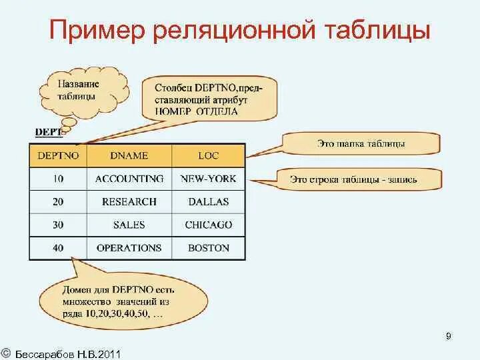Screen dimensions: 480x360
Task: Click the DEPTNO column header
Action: pos(58,155)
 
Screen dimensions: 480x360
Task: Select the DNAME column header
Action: pos(129,155)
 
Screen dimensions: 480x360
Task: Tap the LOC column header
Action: pos(208,155)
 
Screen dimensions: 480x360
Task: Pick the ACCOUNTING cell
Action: pos(129,179)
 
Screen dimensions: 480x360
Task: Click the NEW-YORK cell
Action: pos(208,179)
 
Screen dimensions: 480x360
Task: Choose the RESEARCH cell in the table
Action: pos(129,201)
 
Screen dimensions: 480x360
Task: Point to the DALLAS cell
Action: pos(208,201)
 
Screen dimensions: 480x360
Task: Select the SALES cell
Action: pos(129,225)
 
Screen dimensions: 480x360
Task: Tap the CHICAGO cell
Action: pos(208,225)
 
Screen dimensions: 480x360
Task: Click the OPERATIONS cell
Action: pos(129,247)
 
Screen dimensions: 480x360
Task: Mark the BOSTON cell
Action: pos(208,247)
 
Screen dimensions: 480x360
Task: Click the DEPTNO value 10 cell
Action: pos(58,179)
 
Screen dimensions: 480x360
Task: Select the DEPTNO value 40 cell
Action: pos(58,247)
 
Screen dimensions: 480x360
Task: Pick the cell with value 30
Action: pos(58,225)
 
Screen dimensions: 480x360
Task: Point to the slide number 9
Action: pos(449,336)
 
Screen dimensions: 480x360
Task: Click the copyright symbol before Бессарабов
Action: pos(5,351)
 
